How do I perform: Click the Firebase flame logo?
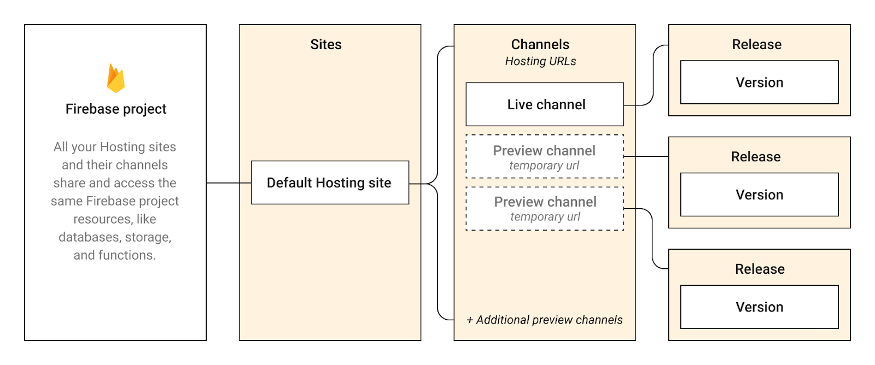click(x=116, y=78)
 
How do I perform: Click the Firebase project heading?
click(x=116, y=109)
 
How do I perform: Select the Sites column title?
click(x=326, y=45)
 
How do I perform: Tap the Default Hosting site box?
click(x=329, y=182)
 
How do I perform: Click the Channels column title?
click(x=540, y=45)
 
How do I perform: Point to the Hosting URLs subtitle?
click(x=540, y=61)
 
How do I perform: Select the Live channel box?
click(x=545, y=104)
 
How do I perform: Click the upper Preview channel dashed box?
click(x=545, y=156)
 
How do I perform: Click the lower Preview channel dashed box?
click(x=545, y=208)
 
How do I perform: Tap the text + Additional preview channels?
click(x=545, y=320)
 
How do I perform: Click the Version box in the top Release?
click(x=759, y=83)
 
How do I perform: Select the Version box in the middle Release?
click(x=759, y=195)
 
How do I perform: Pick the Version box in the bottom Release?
click(x=759, y=307)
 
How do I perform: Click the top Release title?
click(x=757, y=45)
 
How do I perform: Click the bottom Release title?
click(x=760, y=269)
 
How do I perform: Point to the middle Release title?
click(x=756, y=157)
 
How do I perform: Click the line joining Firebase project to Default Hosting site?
click(x=229, y=183)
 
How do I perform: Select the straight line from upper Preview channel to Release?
click(x=646, y=156)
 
